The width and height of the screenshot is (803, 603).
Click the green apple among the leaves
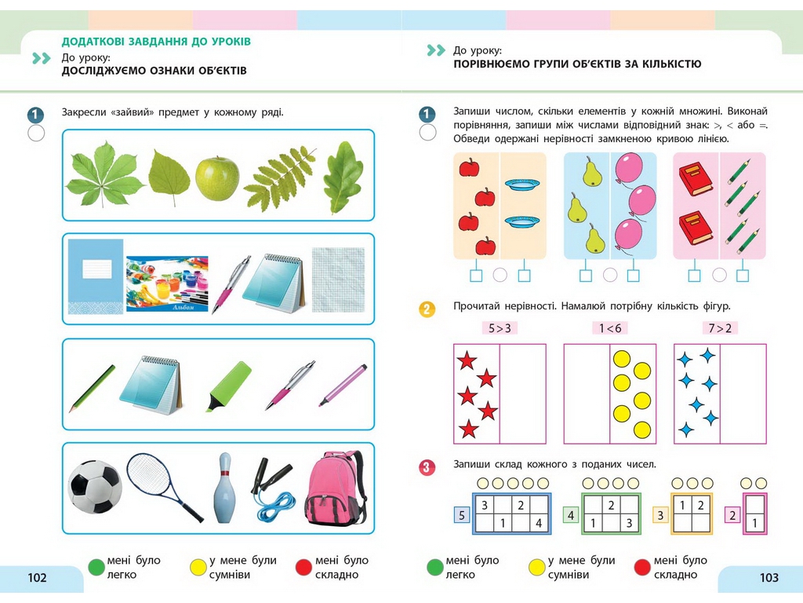coord(217,178)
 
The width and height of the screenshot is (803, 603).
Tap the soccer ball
coord(95,487)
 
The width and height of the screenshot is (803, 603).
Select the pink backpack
coord(336,488)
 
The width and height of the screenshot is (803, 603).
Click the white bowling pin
coord(225,488)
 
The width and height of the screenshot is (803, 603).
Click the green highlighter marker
coord(228,386)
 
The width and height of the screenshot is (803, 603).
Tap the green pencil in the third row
coord(93,388)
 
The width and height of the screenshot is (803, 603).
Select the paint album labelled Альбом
coord(167,283)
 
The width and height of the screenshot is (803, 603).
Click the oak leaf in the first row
coord(343,177)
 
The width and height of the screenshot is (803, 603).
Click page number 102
coord(37,578)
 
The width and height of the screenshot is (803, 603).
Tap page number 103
coord(768,578)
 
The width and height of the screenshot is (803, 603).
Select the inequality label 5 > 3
coord(500,328)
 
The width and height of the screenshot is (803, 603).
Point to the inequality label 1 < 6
coord(610,328)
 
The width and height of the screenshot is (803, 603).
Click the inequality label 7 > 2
coord(720,328)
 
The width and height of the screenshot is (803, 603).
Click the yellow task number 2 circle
coord(427,309)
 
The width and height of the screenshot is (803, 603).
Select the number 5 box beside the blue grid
coord(461,515)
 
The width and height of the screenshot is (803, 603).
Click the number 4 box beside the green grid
coord(571,515)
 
